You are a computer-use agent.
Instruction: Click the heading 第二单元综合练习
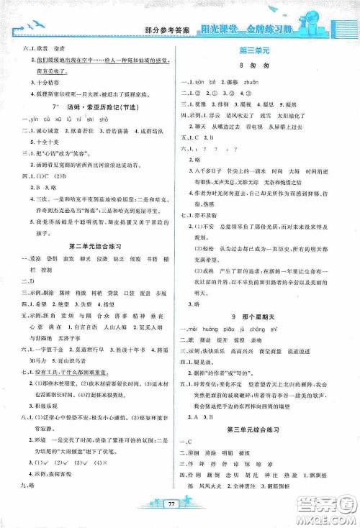94,246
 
